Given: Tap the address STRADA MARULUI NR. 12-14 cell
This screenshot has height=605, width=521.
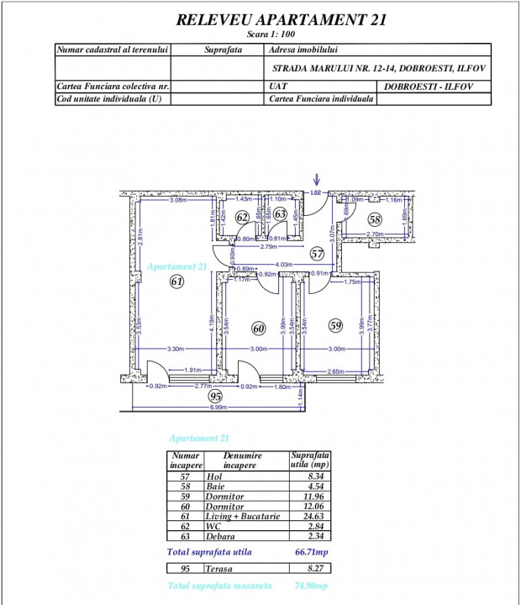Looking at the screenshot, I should coord(379,68).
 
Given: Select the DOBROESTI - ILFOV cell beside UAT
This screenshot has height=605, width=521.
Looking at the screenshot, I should coord(434,86).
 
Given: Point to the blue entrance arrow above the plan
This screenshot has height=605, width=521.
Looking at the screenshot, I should coord(317,179).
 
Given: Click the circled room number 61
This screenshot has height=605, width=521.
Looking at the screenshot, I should coord(176,282).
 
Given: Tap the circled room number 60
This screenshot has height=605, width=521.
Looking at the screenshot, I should coord(259,329).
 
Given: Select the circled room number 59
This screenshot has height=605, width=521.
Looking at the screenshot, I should coord(335,324).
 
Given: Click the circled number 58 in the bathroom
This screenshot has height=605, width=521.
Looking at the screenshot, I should coord(375,219).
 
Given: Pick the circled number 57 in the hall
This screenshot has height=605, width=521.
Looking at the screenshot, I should coord(317,252).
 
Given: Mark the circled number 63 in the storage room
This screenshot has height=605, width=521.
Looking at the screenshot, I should coord(281,215).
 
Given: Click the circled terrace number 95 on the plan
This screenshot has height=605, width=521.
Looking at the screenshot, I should coord(215,396).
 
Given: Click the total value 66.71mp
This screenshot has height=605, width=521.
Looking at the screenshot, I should coord(308,552).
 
